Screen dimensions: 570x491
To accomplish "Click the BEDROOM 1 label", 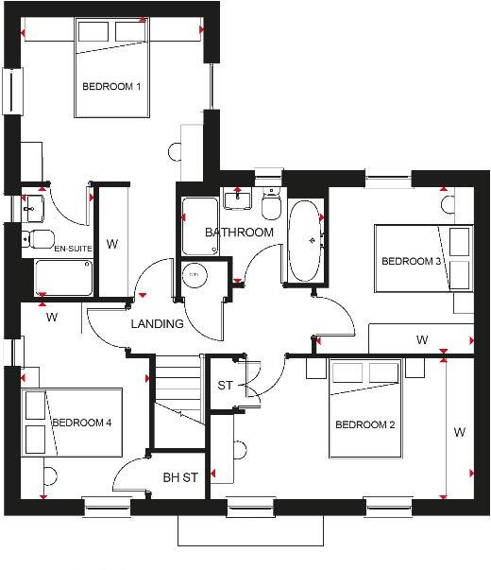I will point(111,87).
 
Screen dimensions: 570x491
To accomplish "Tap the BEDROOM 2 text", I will point(364,425).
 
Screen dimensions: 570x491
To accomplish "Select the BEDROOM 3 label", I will point(412,262).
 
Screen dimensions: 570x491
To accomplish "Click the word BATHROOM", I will point(240,233).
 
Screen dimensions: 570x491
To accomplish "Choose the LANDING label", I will point(158,323).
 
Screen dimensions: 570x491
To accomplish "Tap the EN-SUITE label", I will point(72,249).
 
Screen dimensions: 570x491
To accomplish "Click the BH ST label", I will point(179,477).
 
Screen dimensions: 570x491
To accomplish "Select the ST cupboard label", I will point(225,385).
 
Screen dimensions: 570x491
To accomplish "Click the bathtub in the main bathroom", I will point(305,242).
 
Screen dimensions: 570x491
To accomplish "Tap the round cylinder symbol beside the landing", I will point(195,274).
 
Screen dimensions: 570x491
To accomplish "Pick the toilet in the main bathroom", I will point(271,204).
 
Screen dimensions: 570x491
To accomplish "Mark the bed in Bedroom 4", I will point(72,422).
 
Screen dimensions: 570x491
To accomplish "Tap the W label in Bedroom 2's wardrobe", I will point(460,432).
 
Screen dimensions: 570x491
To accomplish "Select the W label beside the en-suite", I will point(111,245).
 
